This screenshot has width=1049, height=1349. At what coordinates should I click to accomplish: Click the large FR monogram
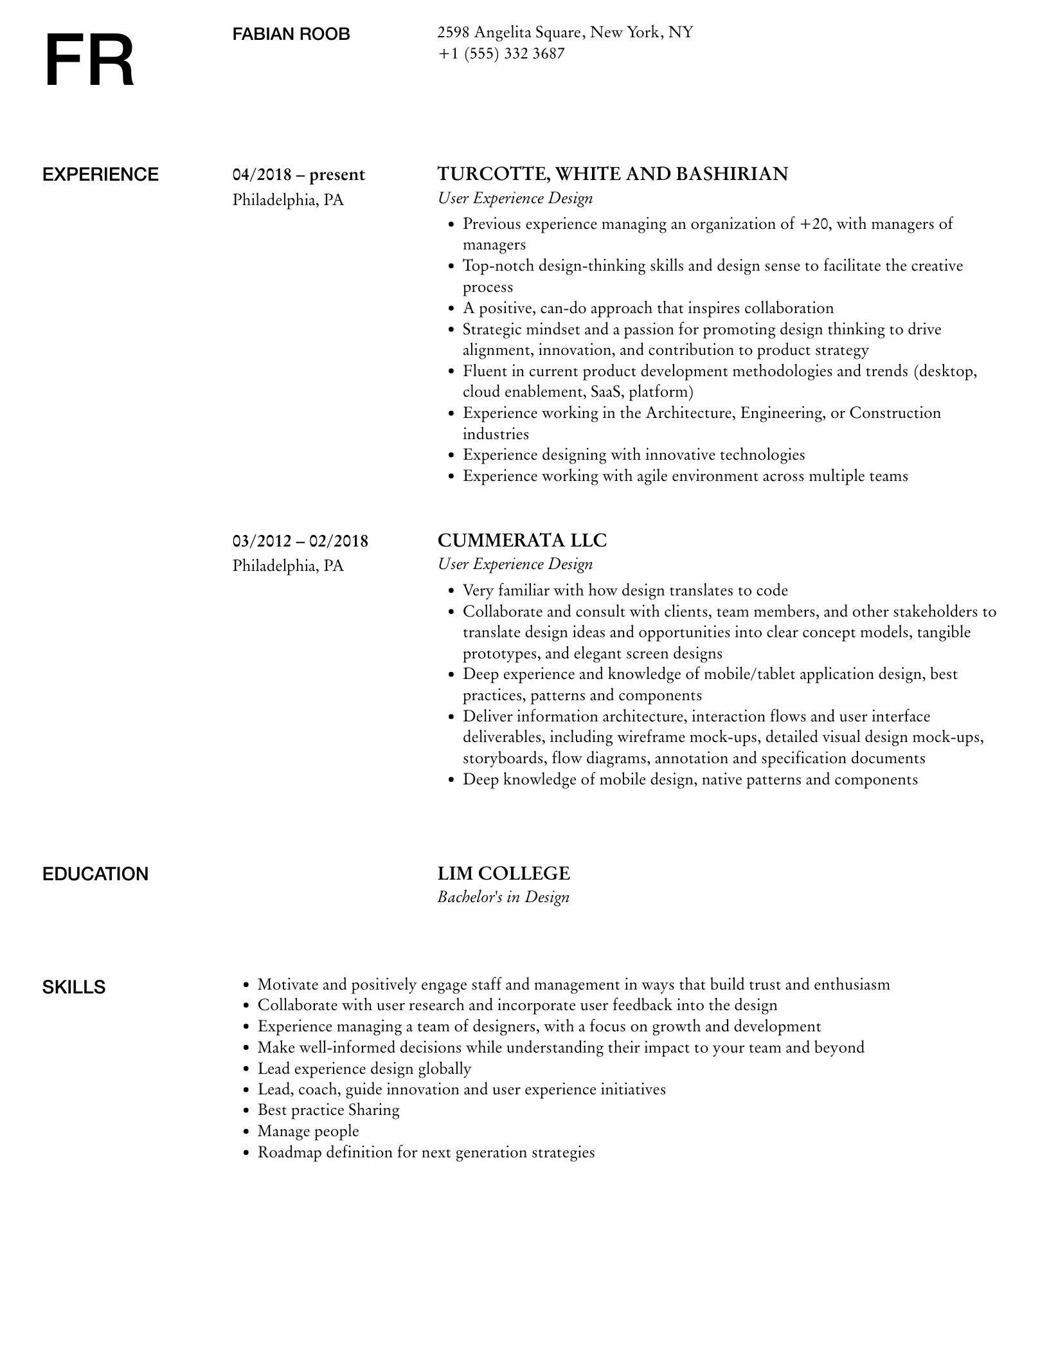click(x=89, y=61)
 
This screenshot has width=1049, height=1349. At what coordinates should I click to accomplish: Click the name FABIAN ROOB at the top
click(x=291, y=34)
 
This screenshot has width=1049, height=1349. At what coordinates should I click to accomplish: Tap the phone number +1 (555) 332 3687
click(x=501, y=53)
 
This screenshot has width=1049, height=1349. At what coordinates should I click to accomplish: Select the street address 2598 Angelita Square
click(x=510, y=32)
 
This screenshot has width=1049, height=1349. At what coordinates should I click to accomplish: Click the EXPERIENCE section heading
click(x=100, y=175)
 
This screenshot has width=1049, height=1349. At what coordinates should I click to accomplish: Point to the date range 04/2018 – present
click(x=299, y=175)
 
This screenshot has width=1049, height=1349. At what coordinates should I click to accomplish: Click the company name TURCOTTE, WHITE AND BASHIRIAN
click(x=613, y=174)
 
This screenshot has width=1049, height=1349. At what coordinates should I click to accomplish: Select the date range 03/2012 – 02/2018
click(x=300, y=541)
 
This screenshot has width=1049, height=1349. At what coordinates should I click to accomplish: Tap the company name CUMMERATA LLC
click(x=522, y=540)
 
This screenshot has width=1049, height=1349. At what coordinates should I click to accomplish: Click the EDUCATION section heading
click(x=95, y=874)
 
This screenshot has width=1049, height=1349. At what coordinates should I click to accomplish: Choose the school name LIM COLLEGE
click(x=503, y=873)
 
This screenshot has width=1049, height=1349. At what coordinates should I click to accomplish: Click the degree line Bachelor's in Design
click(x=503, y=897)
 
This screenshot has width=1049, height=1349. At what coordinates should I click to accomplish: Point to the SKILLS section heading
click(x=74, y=987)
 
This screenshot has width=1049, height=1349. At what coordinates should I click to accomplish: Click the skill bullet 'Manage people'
click(x=308, y=1130)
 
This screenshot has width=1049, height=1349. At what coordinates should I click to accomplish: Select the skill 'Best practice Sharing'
click(x=328, y=1110)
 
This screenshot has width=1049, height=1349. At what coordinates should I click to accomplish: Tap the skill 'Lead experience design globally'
click(x=364, y=1068)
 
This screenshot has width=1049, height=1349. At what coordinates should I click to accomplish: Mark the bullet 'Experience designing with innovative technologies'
click(x=634, y=455)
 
